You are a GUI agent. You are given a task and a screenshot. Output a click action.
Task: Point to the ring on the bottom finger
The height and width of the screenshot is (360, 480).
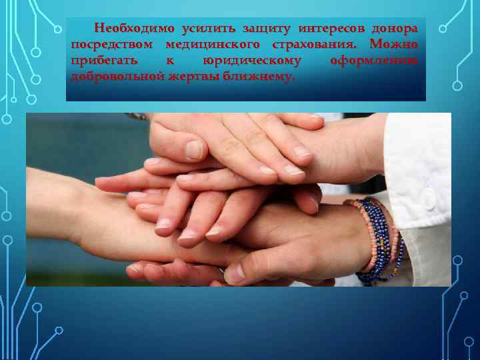tap(221, 271)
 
